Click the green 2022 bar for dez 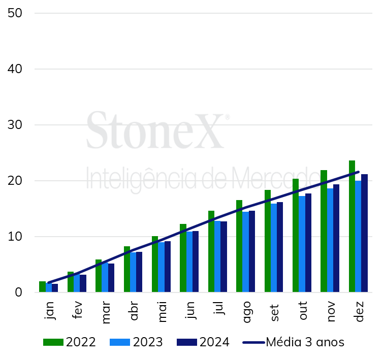pos(352,226)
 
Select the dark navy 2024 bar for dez pos(364,233)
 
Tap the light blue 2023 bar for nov pos(330,240)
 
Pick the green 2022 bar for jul pos(211,251)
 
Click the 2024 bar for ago pos(252,251)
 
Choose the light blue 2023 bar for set pos(274,248)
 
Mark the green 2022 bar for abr pos(127,269)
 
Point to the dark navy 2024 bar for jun pos(196,261)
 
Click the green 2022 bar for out pos(296,236)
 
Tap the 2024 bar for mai pos(168,267)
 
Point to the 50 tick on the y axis pos(15,13)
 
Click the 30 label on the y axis pos(15,125)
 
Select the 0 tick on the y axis pos(18,292)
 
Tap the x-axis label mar pos(106,312)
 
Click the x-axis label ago pos(247,312)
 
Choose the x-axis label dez pos(359,312)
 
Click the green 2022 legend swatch pos(53,342)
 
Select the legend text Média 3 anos pos(305,342)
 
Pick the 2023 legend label pos(148,342)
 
